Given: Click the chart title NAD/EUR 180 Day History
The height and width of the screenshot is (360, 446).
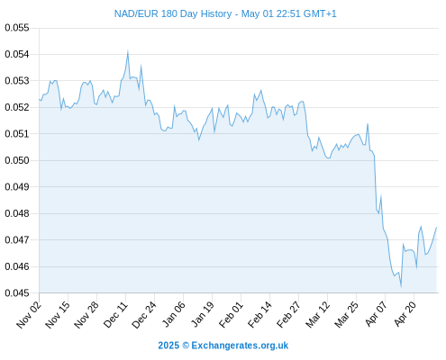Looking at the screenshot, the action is (173, 13).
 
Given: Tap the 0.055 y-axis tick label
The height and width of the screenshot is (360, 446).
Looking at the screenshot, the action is (17, 28).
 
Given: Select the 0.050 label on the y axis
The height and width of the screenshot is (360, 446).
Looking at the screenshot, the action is (17, 160).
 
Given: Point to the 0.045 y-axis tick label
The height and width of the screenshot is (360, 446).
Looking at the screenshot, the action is (17, 292).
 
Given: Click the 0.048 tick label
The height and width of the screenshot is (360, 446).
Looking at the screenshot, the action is (17, 213).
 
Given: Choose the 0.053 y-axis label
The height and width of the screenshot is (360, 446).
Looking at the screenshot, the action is (17, 81).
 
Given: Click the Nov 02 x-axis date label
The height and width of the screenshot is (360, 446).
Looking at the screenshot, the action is (29, 315).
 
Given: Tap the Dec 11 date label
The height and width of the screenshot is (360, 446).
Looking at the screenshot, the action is (115, 315).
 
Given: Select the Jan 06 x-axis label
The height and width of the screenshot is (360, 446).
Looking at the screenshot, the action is (173, 315).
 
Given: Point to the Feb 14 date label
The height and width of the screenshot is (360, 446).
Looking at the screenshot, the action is (259, 315).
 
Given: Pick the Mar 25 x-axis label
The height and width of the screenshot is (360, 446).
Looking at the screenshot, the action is (346, 315).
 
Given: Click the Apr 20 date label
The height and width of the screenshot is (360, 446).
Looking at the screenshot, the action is (405, 314).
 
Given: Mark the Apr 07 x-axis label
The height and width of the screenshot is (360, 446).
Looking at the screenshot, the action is (376, 314).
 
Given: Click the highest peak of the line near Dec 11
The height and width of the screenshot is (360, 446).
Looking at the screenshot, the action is (128, 51).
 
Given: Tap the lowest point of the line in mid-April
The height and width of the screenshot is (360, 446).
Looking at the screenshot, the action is (401, 287).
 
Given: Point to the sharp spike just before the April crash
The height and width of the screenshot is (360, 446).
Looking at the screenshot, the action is (368, 123).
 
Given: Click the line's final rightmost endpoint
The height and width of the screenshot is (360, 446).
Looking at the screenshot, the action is (436, 228).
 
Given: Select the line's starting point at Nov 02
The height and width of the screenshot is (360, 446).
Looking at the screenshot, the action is (39, 99).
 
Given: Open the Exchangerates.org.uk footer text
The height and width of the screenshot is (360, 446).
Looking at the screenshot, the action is (240, 346).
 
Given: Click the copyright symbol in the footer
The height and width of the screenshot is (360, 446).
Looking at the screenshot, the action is (186, 346).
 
